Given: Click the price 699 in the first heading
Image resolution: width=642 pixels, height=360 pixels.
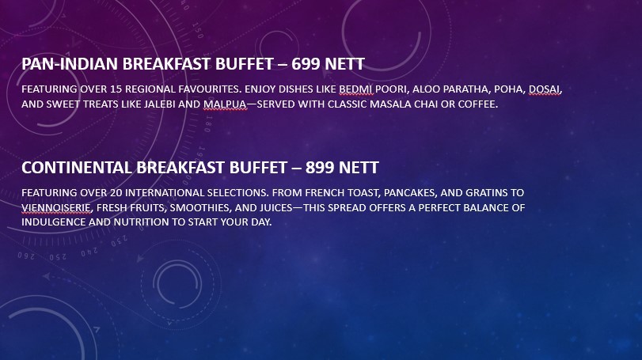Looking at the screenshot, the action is (x=306, y=64).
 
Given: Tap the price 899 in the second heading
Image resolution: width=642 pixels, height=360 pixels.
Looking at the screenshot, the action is (x=319, y=167).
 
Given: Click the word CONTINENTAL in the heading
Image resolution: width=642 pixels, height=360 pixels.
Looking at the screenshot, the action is (x=77, y=167).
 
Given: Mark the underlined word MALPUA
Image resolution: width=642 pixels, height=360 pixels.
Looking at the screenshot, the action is (x=225, y=104).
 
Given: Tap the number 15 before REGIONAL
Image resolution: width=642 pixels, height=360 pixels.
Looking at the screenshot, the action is (x=116, y=89).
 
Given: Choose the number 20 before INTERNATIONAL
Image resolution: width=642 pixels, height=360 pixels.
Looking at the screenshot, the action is (x=116, y=193).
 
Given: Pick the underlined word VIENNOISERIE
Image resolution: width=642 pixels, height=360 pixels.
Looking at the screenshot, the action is (x=56, y=207).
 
